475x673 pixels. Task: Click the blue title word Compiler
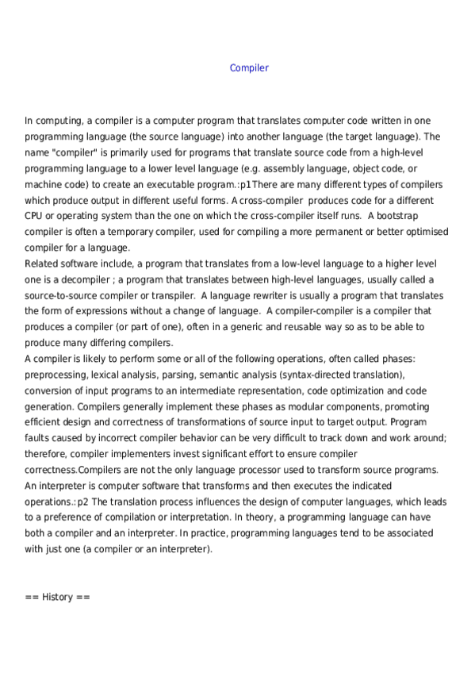tap(249, 67)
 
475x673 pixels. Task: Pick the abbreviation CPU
tap(36, 216)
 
